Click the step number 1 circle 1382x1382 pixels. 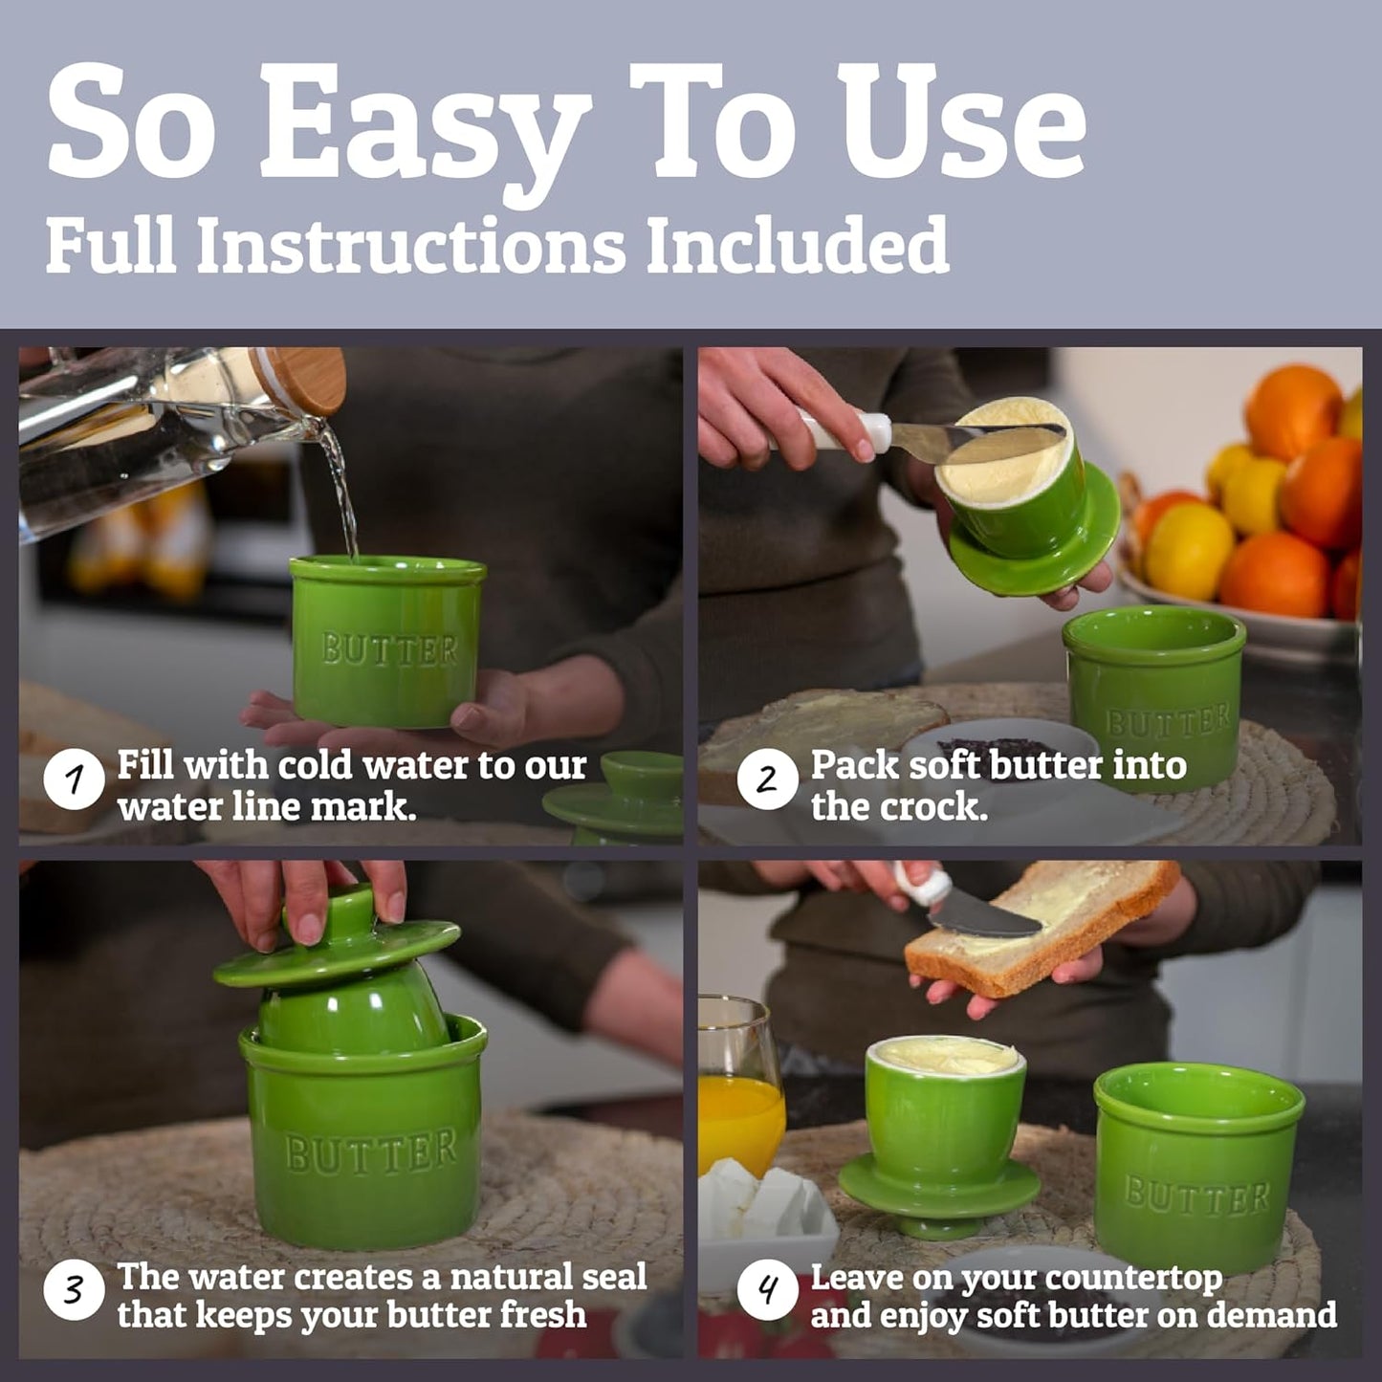pos(74,779)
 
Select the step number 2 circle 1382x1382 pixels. pos(767,779)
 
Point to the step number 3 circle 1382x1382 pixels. pos(74,1291)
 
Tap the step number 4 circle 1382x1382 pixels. pos(767,1291)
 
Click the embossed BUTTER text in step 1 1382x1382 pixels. pos(389,649)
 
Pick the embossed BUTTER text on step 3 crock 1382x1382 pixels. pos(371,1152)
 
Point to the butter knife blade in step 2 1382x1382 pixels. pos(976,437)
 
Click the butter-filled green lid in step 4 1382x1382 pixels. pos(942,1119)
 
